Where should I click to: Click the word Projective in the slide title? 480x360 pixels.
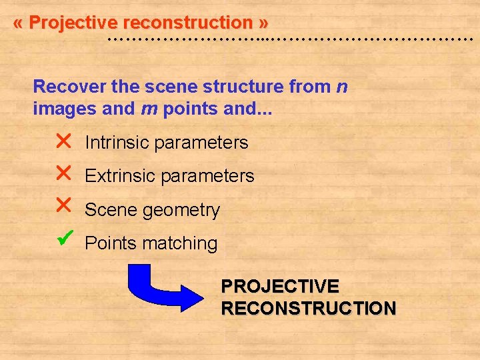pos(73,23)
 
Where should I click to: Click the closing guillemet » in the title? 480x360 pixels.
pos(264,23)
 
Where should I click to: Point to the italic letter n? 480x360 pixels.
pos(341,87)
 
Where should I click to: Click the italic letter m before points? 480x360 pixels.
pos(149,109)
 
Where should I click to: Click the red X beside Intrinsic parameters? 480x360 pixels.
pos(63,141)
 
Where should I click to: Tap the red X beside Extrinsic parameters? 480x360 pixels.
pos(63,174)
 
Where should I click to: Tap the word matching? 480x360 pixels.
pos(184,244)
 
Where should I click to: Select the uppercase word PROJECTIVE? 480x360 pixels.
pos(280,287)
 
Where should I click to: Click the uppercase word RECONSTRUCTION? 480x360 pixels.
pos(309,309)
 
